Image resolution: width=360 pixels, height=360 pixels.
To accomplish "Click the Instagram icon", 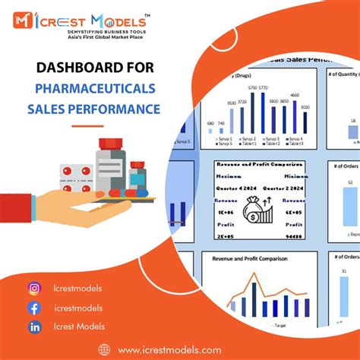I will tap(34, 288).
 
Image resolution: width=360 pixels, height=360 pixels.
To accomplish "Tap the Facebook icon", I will tap(34, 308).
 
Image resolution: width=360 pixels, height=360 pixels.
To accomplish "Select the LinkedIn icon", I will tap(34, 327).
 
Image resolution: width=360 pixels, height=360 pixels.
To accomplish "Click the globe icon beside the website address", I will tap(105, 349).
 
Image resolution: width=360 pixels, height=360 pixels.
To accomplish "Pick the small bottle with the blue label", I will tap(137, 176).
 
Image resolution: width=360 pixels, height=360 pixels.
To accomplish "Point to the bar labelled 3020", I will tap(305, 123).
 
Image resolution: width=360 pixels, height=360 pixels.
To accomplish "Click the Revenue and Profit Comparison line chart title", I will tap(251, 259).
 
